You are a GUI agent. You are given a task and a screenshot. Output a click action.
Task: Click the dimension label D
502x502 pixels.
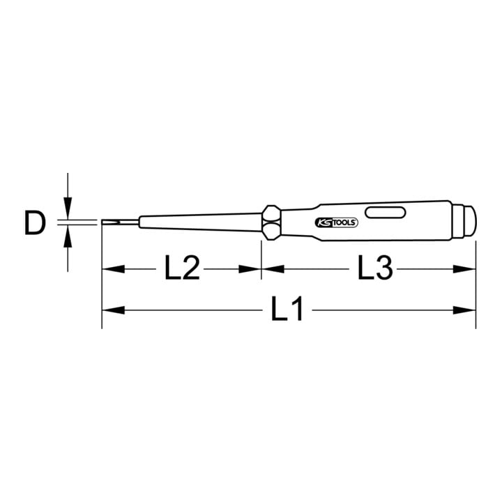35,224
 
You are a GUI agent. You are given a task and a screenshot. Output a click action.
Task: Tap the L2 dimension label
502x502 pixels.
182,268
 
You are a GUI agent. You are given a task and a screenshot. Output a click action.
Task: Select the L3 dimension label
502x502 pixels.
374,268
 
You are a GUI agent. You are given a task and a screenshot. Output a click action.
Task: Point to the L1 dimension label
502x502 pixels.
287,309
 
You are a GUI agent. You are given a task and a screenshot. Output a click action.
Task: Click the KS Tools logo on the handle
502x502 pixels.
337,223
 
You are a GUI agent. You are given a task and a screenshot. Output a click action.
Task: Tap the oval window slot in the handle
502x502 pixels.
386,213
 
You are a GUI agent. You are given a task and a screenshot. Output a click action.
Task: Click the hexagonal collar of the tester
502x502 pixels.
271,223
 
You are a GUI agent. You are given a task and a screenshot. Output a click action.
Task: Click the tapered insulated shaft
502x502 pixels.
201,222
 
